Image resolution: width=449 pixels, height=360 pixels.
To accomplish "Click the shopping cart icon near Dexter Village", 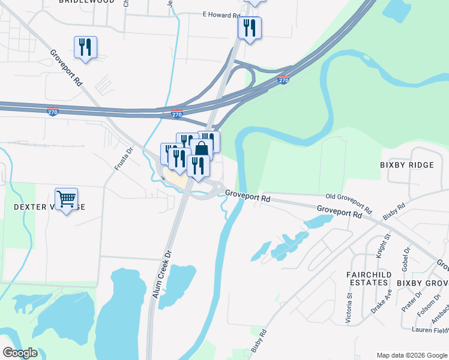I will click(x=67, y=198).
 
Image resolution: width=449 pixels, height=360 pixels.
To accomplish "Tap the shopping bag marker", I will click(x=202, y=149).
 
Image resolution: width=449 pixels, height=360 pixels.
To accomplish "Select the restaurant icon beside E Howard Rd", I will click(x=249, y=28).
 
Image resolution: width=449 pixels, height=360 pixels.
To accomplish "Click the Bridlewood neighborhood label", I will click(x=86, y=2).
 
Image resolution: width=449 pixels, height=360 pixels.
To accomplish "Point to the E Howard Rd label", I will click(x=221, y=14).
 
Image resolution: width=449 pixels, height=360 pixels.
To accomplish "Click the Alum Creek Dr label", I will click(x=166, y=271).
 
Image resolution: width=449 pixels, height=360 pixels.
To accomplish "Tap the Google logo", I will click(x=20, y=352).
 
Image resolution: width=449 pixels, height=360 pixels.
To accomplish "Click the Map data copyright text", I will click(x=411, y=355).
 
